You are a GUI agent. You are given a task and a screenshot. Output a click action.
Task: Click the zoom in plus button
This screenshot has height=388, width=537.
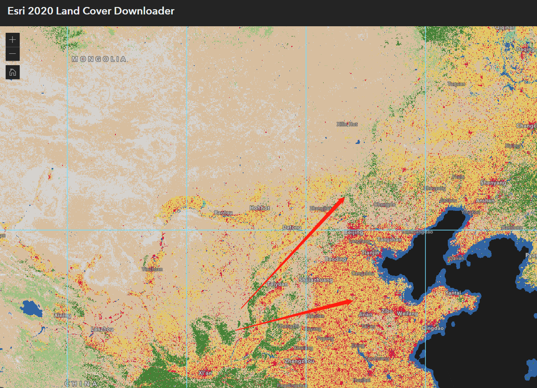pos(13,40)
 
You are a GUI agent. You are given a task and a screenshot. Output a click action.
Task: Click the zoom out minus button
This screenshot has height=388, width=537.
pos(13,54)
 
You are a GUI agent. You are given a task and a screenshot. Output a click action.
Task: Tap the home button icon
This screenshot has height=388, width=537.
pos(13,72)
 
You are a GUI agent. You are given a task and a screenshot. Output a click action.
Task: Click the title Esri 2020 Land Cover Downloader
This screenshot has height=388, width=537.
pos(91,11)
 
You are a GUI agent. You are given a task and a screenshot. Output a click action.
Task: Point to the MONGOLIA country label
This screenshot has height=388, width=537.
pos(99,59)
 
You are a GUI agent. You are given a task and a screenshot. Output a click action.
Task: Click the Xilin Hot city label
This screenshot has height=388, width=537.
pos(347,124)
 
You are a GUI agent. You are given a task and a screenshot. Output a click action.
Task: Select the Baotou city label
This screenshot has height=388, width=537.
pos(223,213)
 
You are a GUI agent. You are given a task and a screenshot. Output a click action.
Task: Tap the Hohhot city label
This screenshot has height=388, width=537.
pos(260,208)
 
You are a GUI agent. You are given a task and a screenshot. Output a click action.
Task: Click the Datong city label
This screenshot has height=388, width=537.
pos(292,227)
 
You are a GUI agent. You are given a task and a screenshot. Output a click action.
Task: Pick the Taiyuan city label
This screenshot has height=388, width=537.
pos(278,284)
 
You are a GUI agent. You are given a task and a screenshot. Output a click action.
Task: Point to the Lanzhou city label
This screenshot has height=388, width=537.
pos(102,329)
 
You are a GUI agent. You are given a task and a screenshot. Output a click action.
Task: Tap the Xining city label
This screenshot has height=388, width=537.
pos(62,315)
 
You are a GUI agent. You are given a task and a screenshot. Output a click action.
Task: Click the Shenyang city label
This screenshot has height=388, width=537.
pos(493,183)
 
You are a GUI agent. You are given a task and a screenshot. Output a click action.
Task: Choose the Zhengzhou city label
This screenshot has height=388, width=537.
pos(299,361)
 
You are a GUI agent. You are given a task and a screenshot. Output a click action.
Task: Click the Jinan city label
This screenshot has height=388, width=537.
pos(365,314)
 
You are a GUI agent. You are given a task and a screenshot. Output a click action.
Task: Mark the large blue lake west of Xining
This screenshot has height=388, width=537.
pos(31,308)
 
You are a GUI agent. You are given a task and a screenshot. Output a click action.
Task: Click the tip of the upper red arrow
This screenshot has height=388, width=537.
pos(344,198)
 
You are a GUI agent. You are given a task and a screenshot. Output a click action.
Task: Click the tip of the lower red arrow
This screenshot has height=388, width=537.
pos(353,301)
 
